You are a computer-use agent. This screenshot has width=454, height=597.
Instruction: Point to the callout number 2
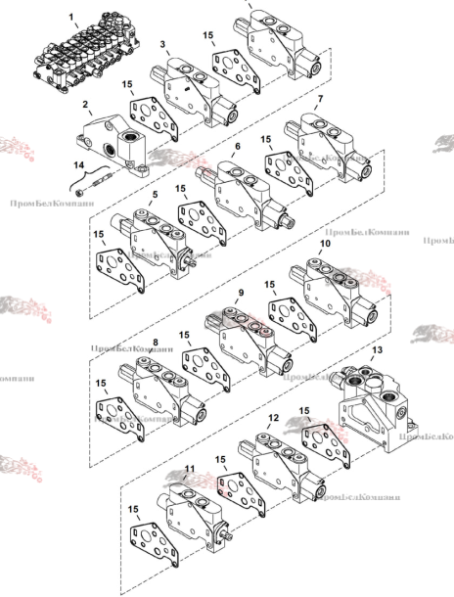pyautogui.click(x=86, y=104)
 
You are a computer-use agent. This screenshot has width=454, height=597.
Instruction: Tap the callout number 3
pyautogui.click(x=162, y=45)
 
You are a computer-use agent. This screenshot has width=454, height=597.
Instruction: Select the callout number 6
pyautogui.click(x=237, y=146)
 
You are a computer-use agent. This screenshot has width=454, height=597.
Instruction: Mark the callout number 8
pyautogui.click(x=155, y=343)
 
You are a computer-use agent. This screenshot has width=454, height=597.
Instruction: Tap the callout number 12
pyautogui.click(x=273, y=418)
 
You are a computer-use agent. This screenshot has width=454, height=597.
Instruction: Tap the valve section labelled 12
pyautogui.click(x=284, y=464)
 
